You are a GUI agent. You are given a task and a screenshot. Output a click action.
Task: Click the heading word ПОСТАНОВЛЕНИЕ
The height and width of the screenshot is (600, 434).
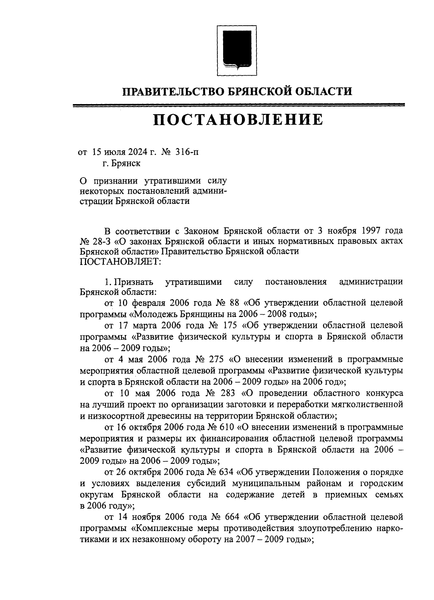[x=238, y=120]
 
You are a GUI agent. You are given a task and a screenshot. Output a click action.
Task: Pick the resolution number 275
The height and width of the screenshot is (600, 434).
[x=216, y=359]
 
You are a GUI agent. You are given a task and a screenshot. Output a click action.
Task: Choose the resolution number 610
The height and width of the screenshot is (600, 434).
[x=227, y=427]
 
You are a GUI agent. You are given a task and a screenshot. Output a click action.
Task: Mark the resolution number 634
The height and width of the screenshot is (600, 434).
[x=227, y=472]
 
